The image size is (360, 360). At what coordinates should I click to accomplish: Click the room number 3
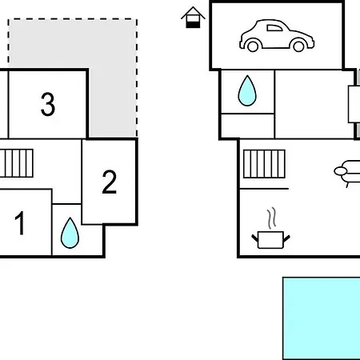(48, 104)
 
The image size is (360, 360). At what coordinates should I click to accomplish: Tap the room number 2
(110, 182)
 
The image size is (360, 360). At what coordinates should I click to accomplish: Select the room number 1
(20, 223)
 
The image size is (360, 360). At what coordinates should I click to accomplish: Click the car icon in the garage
(277, 35)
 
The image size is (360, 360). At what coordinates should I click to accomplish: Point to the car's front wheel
(298, 46)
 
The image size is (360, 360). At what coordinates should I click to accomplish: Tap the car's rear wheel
(253, 46)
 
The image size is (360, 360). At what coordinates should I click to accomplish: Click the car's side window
(274, 28)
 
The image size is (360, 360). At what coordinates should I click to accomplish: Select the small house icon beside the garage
(193, 18)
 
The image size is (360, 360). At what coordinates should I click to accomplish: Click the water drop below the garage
(247, 90)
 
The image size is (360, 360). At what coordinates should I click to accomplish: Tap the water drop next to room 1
(70, 233)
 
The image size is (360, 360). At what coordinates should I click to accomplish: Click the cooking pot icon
(270, 240)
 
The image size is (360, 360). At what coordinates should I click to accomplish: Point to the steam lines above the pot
(272, 218)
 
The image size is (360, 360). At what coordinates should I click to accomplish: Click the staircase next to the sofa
(264, 164)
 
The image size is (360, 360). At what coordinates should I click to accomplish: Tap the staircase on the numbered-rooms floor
(17, 163)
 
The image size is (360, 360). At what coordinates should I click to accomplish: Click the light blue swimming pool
(322, 318)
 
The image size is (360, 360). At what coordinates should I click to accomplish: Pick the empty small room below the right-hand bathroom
(248, 126)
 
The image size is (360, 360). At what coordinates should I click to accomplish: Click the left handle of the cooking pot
(255, 238)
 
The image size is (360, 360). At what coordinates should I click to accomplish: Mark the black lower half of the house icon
(193, 25)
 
